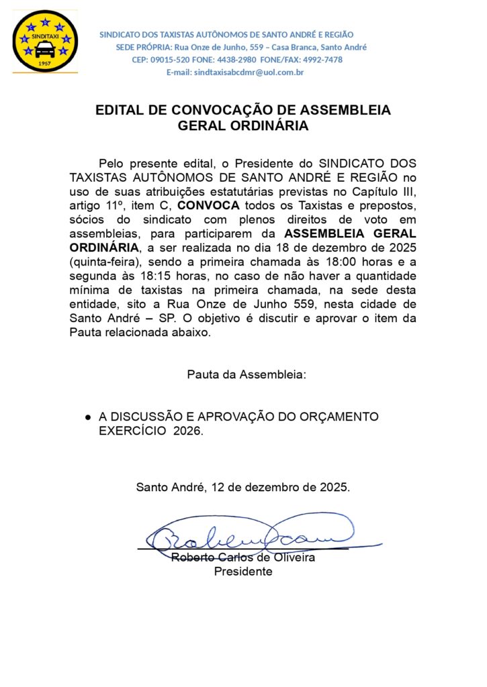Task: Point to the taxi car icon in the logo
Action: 46,49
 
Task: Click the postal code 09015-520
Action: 169,60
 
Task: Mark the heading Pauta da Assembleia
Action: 247,374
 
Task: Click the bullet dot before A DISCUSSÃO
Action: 88,417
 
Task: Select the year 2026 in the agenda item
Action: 187,431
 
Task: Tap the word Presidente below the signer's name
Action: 243,572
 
